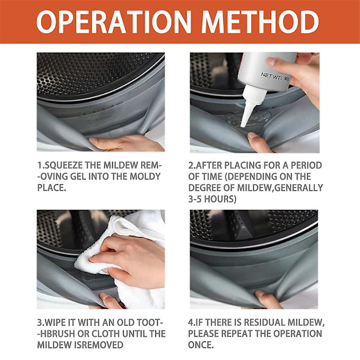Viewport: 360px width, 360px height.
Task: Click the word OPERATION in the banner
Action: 113,22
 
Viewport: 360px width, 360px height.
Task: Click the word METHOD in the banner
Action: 260,22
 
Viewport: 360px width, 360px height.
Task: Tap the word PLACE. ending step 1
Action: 52,188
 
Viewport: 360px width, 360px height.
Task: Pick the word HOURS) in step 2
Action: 220,199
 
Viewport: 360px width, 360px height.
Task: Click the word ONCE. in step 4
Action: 201,345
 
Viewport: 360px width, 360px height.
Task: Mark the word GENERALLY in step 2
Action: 299,188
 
